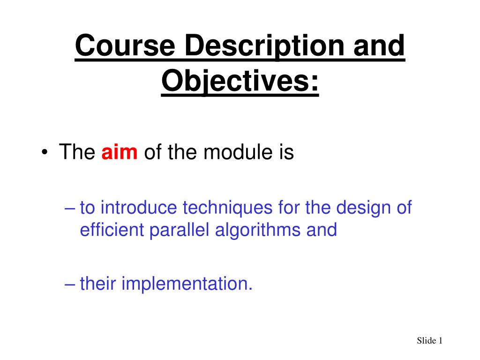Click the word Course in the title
(x=125, y=45)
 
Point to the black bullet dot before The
(x=45, y=152)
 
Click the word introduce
(x=139, y=207)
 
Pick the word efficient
(x=112, y=230)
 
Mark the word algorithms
(x=258, y=231)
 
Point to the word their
(x=98, y=283)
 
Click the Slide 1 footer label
(x=429, y=340)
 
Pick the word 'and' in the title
(x=379, y=45)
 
